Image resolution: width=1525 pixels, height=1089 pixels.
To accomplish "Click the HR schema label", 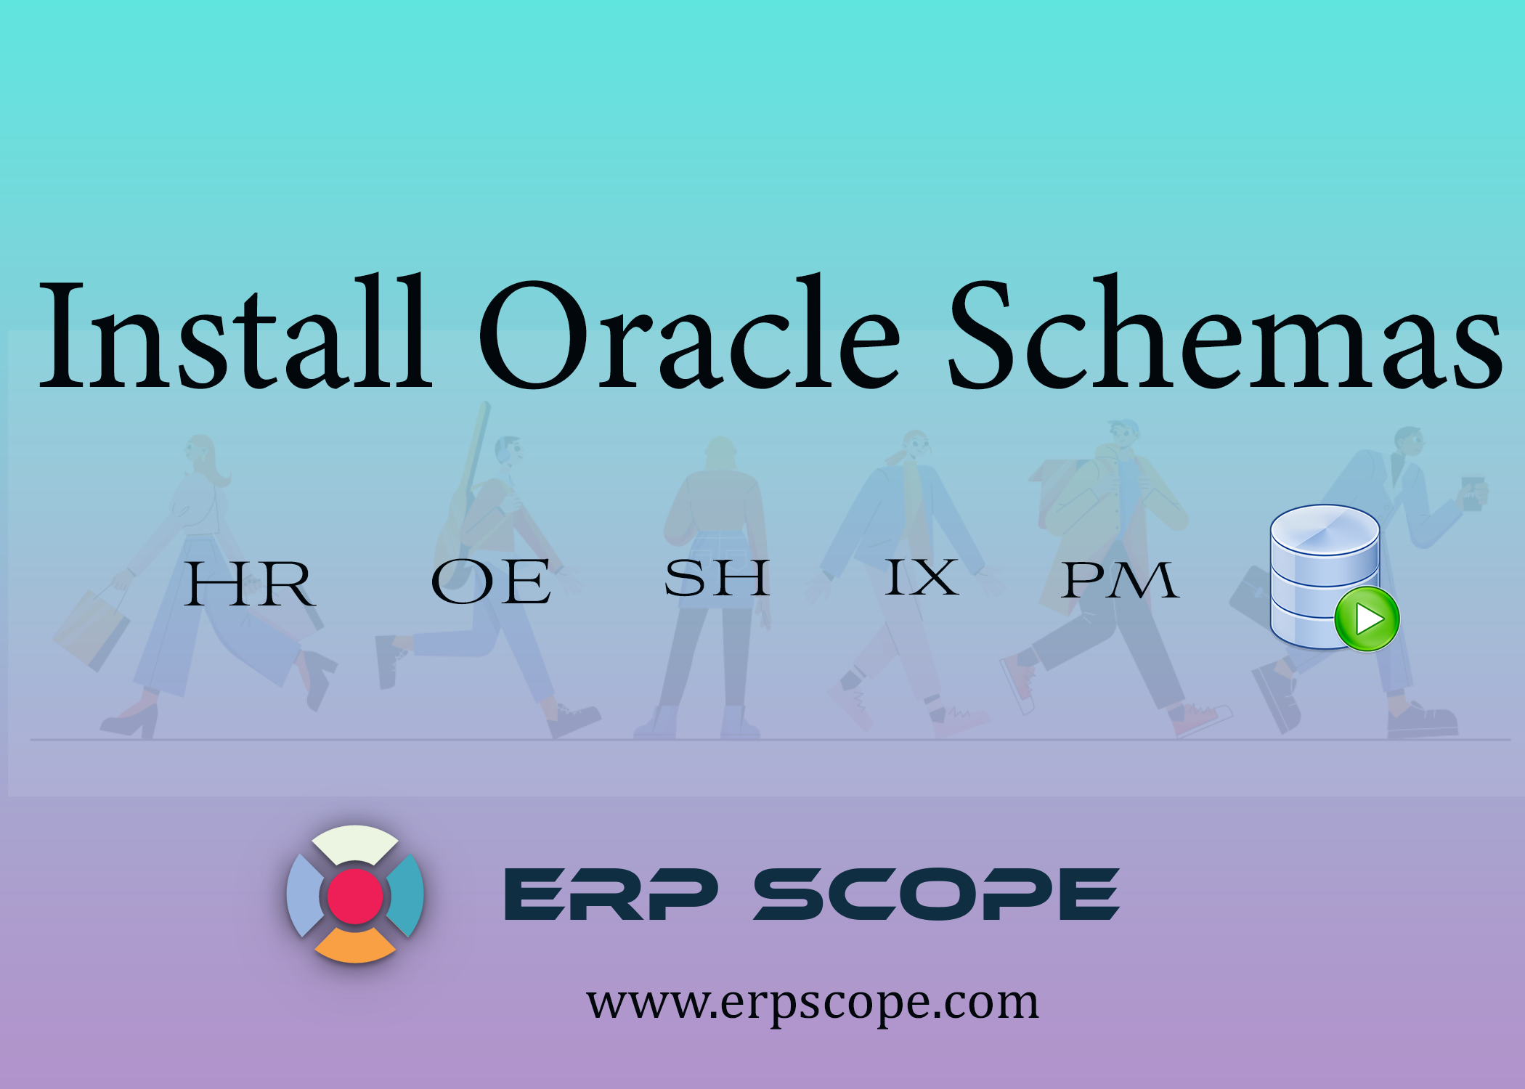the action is coord(249,584).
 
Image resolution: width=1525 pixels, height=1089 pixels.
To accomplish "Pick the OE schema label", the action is coord(491,582).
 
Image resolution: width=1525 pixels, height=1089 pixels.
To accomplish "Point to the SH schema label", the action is coord(717,579).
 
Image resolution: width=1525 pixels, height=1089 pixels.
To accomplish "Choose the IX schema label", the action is coord(922,578).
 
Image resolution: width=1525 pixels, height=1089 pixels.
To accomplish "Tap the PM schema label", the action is coord(1119,581).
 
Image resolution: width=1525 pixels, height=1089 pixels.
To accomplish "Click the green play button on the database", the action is coord(1367,619).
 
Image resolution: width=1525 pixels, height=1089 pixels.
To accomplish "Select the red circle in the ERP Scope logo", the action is coord(355,897).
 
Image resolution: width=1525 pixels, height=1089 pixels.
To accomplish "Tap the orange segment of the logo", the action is coord(355,945).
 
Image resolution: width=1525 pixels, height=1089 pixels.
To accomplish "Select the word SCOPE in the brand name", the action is coord(937,894).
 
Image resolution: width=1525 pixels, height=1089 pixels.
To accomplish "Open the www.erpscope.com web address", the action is coord(813,1003).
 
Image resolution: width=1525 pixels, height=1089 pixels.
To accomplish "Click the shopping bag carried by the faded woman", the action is coord(91,629).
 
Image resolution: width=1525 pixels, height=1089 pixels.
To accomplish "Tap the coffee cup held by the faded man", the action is coord(1472,493).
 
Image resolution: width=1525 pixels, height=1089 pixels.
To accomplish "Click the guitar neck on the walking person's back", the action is coord(477,443).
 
